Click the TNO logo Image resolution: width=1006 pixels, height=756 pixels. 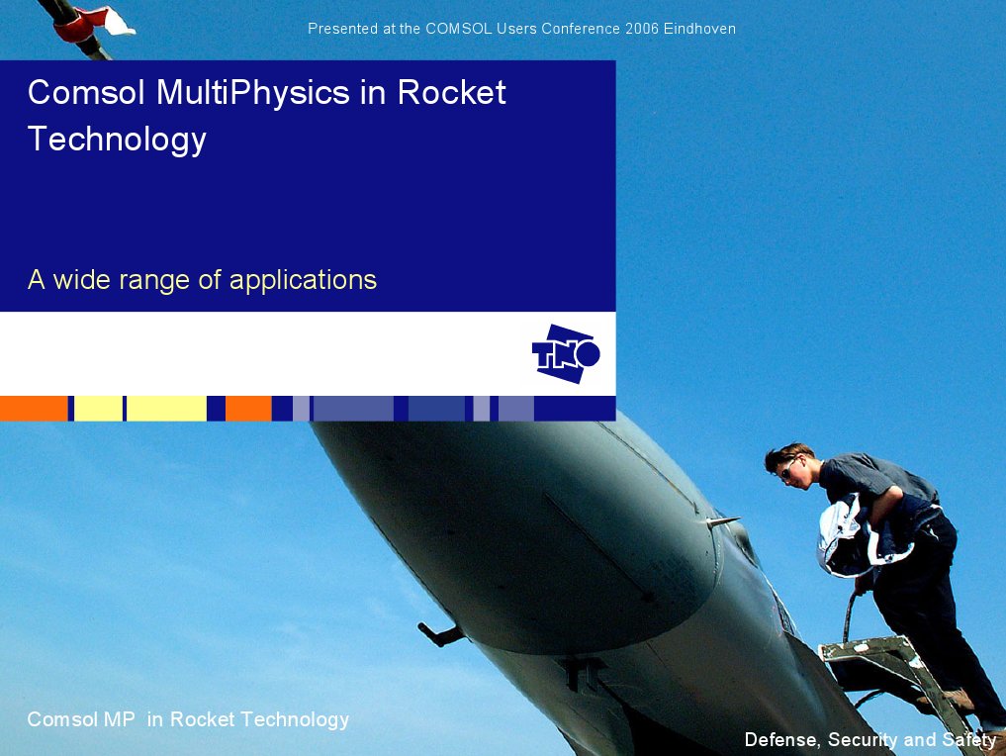click(x=566, y=353)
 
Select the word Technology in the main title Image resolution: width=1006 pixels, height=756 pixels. click(x=117, y=139)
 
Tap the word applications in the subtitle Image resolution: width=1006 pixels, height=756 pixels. click(x=303, y=280)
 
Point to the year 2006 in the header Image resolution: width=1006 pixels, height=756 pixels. click(x=642, y=29)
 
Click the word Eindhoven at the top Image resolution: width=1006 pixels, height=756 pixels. click(x=699, y=29)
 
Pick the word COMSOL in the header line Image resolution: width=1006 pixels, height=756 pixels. click(x=458, y=29)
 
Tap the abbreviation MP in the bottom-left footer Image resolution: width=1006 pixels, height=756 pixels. click(x=119, y=719)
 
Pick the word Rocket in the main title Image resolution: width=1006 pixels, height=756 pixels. click(x=450, y=93)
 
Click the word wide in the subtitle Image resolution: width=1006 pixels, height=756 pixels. click(x=82, y=280)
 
